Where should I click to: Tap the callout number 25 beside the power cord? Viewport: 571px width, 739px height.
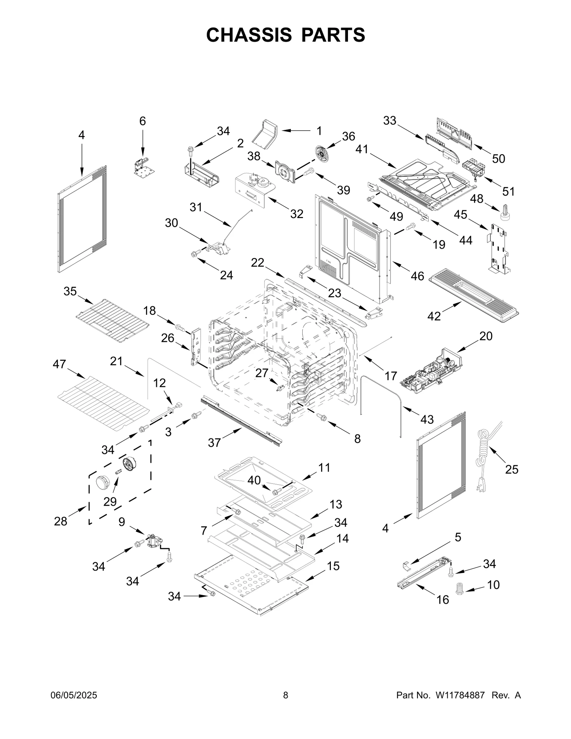pos(511,469)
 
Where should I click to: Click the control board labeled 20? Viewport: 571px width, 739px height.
pos(431,371)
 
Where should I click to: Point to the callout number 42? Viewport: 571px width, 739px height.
pos(434,316)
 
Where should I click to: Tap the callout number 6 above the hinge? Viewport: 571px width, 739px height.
pos(142,121)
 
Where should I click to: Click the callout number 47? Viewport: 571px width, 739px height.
pos(59,364)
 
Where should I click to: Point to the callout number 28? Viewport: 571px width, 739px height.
pos(61,521)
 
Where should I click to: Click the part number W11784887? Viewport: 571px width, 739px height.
pos(460,695)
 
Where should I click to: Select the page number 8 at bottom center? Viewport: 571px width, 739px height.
pos(285,695)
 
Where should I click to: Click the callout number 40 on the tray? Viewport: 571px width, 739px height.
pos(254,480)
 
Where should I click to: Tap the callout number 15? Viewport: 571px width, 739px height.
pos(333,566)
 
